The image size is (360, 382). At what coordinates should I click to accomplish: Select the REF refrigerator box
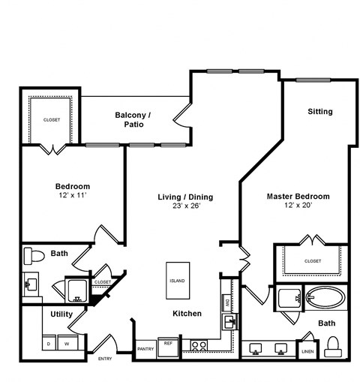pos(169,346)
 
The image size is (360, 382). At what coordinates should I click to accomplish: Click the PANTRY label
pos(145,349)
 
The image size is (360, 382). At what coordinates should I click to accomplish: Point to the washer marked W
pos(66,344)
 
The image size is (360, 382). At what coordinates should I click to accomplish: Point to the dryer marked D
pos(49,344)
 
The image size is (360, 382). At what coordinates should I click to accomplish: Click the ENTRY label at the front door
pos(105,359)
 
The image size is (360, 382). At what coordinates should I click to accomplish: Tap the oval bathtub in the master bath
pos(325,298)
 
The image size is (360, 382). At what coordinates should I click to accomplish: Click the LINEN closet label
pos(307,351)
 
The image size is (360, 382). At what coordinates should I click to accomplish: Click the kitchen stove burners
pos(198,346)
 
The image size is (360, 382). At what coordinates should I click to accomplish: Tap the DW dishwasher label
pos(226,302)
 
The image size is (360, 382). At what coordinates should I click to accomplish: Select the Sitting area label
pos(319,112)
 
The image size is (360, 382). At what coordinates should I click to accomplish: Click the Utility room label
pos(61,314)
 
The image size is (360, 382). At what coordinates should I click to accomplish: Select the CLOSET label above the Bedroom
pos(51,119)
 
